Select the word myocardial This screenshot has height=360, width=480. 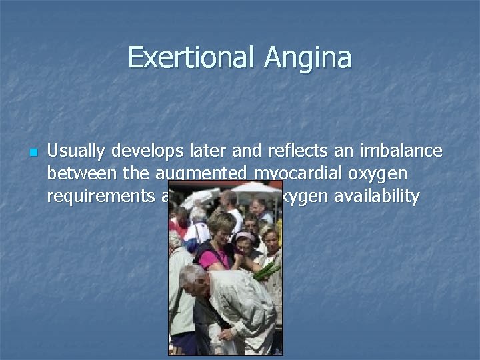(x=291, y=175)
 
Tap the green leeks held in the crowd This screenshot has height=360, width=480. (x=266, y=269)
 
